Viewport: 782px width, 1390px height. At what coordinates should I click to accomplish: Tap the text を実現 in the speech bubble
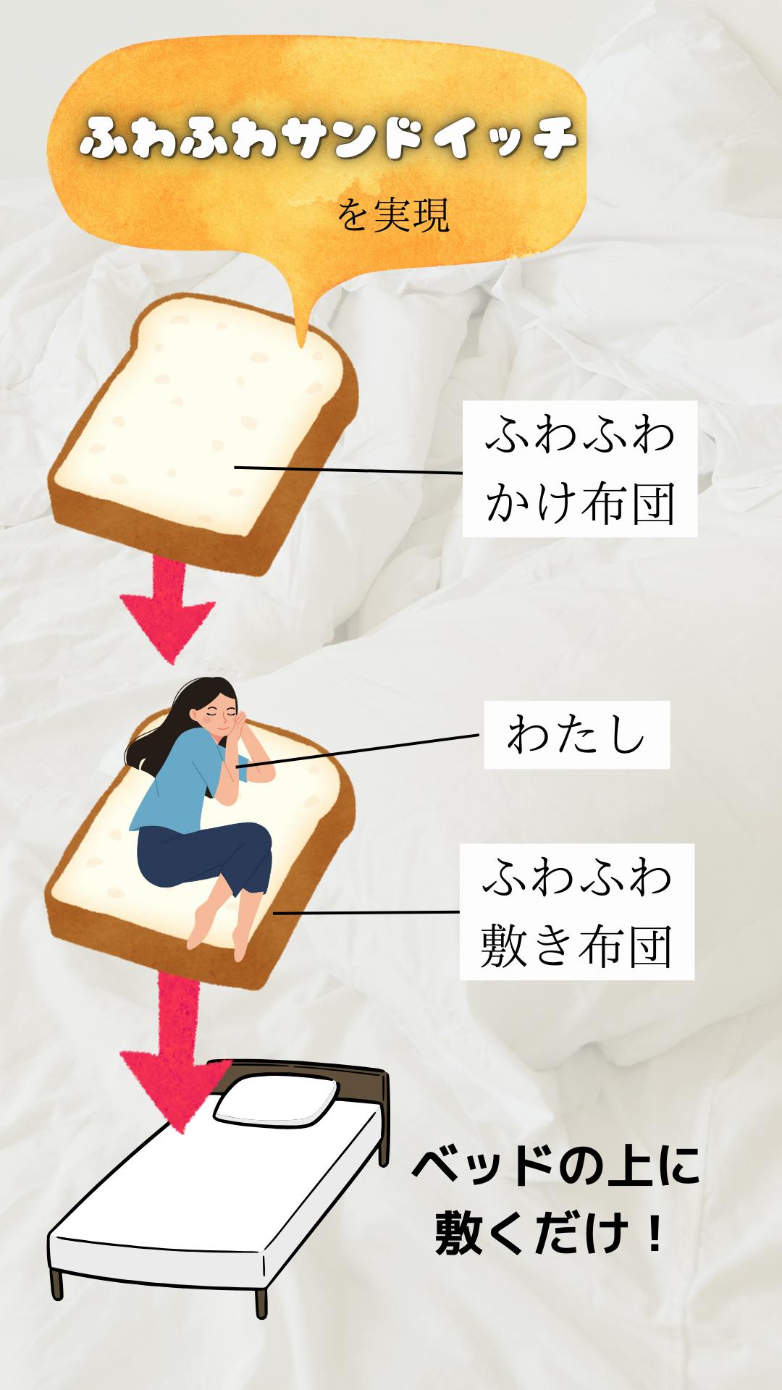click(394, 215)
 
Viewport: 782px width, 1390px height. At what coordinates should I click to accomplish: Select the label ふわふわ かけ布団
click(579, 469)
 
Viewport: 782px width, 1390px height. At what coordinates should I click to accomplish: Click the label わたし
click(576, 735)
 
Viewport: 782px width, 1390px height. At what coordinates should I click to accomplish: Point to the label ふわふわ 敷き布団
click(576, 911)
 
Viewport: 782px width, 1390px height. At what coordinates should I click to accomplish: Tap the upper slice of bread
click(203, 427)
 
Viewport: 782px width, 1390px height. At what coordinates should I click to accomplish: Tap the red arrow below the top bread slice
click(168, 608)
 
